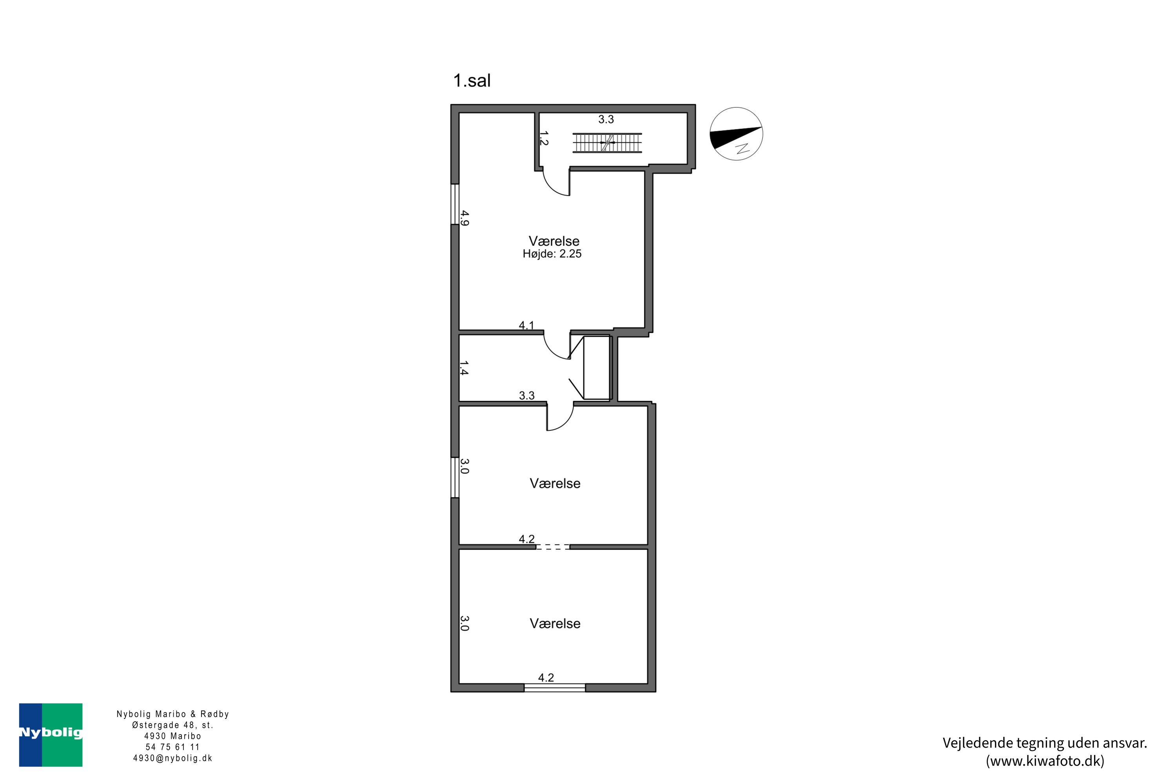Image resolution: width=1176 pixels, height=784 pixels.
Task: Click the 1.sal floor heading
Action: tap(472, 80)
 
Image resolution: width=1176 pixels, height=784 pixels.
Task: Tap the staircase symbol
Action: tap(607, 143)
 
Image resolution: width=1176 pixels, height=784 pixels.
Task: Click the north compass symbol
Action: tap(736, 134)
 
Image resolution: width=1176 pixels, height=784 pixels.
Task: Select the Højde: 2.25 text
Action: tap(552, 254)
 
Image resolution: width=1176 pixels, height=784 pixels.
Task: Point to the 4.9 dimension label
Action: tap(465, 218)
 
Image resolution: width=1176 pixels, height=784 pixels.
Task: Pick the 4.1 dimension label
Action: tap(526, 325)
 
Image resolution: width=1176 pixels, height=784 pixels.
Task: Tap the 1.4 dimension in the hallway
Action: tap(464, 368)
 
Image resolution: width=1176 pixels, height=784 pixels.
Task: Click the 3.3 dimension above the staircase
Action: tap(606, 120)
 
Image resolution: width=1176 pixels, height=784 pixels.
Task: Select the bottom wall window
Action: tap(555, 688)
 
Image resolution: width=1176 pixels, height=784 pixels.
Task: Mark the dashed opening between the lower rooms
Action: tap(552, 547)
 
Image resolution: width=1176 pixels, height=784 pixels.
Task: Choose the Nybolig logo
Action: tap(51, 735)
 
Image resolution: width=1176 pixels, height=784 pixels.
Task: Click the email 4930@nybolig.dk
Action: tap(172, 758)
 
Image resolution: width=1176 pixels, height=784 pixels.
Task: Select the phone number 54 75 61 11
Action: tap(172, 747)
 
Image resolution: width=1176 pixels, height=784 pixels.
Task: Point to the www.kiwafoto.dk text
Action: tap(1045, 760)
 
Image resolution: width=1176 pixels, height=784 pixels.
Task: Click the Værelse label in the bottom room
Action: tap(555, 624)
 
